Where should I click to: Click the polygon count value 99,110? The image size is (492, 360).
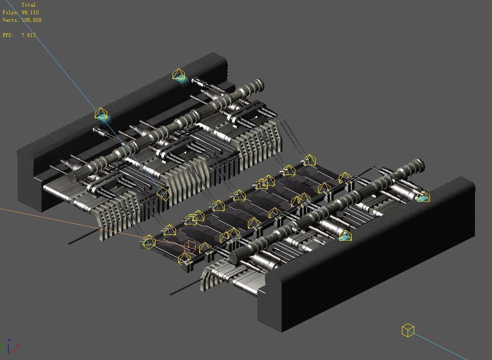[30, 12]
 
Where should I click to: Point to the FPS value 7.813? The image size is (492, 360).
[28, 35]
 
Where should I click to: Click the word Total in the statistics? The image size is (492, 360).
[28, 5]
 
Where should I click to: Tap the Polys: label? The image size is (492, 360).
[10, 12]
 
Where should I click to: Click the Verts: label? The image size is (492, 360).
[10, 20]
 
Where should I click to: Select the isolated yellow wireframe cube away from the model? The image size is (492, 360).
[408, 330]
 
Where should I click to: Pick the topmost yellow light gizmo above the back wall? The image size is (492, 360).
[179, 75]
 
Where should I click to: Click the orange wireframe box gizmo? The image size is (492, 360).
[190, 246]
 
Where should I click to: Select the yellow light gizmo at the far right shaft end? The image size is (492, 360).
[423, 197]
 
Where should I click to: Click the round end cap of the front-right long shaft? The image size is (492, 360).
[233, 257]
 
